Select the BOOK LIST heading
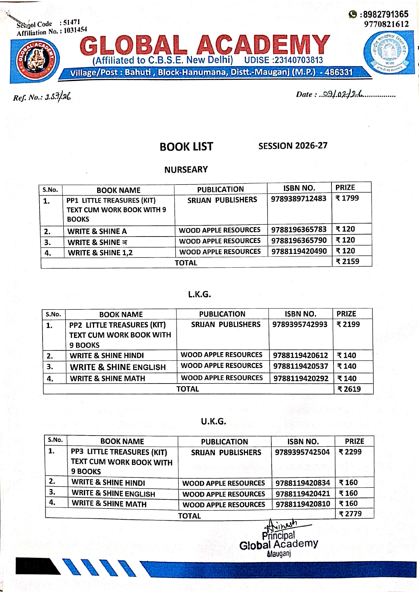pos(186,147)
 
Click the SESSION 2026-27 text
pos(293,146)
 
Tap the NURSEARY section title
pos(186,170)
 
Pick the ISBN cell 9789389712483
pos(299,198)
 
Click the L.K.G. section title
pos(199,294)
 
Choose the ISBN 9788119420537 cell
pos(300,366)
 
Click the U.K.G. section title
pos(213,421)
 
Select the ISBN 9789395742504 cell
pos(302,452)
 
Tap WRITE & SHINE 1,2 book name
pos(100,253)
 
